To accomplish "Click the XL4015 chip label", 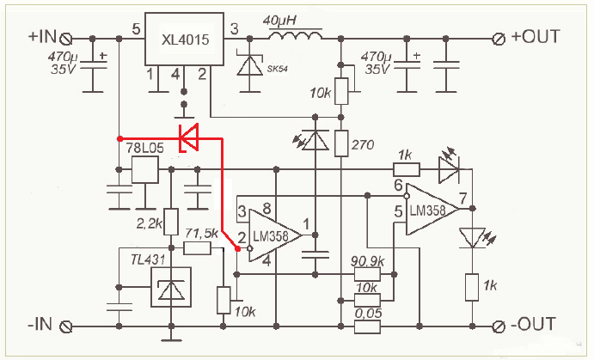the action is (x=185, y=40).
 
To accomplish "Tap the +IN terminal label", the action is (x=41, y=37).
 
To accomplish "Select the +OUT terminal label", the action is (x=536, y=37).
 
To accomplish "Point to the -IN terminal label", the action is (x=40, y=325).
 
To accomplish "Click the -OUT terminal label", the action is (x=533, y=325).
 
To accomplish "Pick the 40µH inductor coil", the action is (x=296, y=35).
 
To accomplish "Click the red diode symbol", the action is (x=188, y=137).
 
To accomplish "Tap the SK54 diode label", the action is (x=278, y=69).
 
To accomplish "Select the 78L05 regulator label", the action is (x=144, y=148).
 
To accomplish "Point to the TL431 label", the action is (x=148, y=259).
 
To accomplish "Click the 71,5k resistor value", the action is (x=201, y=233).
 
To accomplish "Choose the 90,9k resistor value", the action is (x=367, y=261).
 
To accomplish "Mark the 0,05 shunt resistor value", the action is (x=368, y=314).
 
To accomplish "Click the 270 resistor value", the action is (x=363, y=144).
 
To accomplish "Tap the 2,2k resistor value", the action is (x=149, y=224).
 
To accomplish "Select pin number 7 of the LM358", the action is (x=463, y=198).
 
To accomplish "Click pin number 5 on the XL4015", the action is (x=136, y=29).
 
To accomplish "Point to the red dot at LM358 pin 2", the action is (x=237, y=248).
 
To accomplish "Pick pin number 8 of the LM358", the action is (x=266, y=208).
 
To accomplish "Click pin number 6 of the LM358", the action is (x=398, y=185).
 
